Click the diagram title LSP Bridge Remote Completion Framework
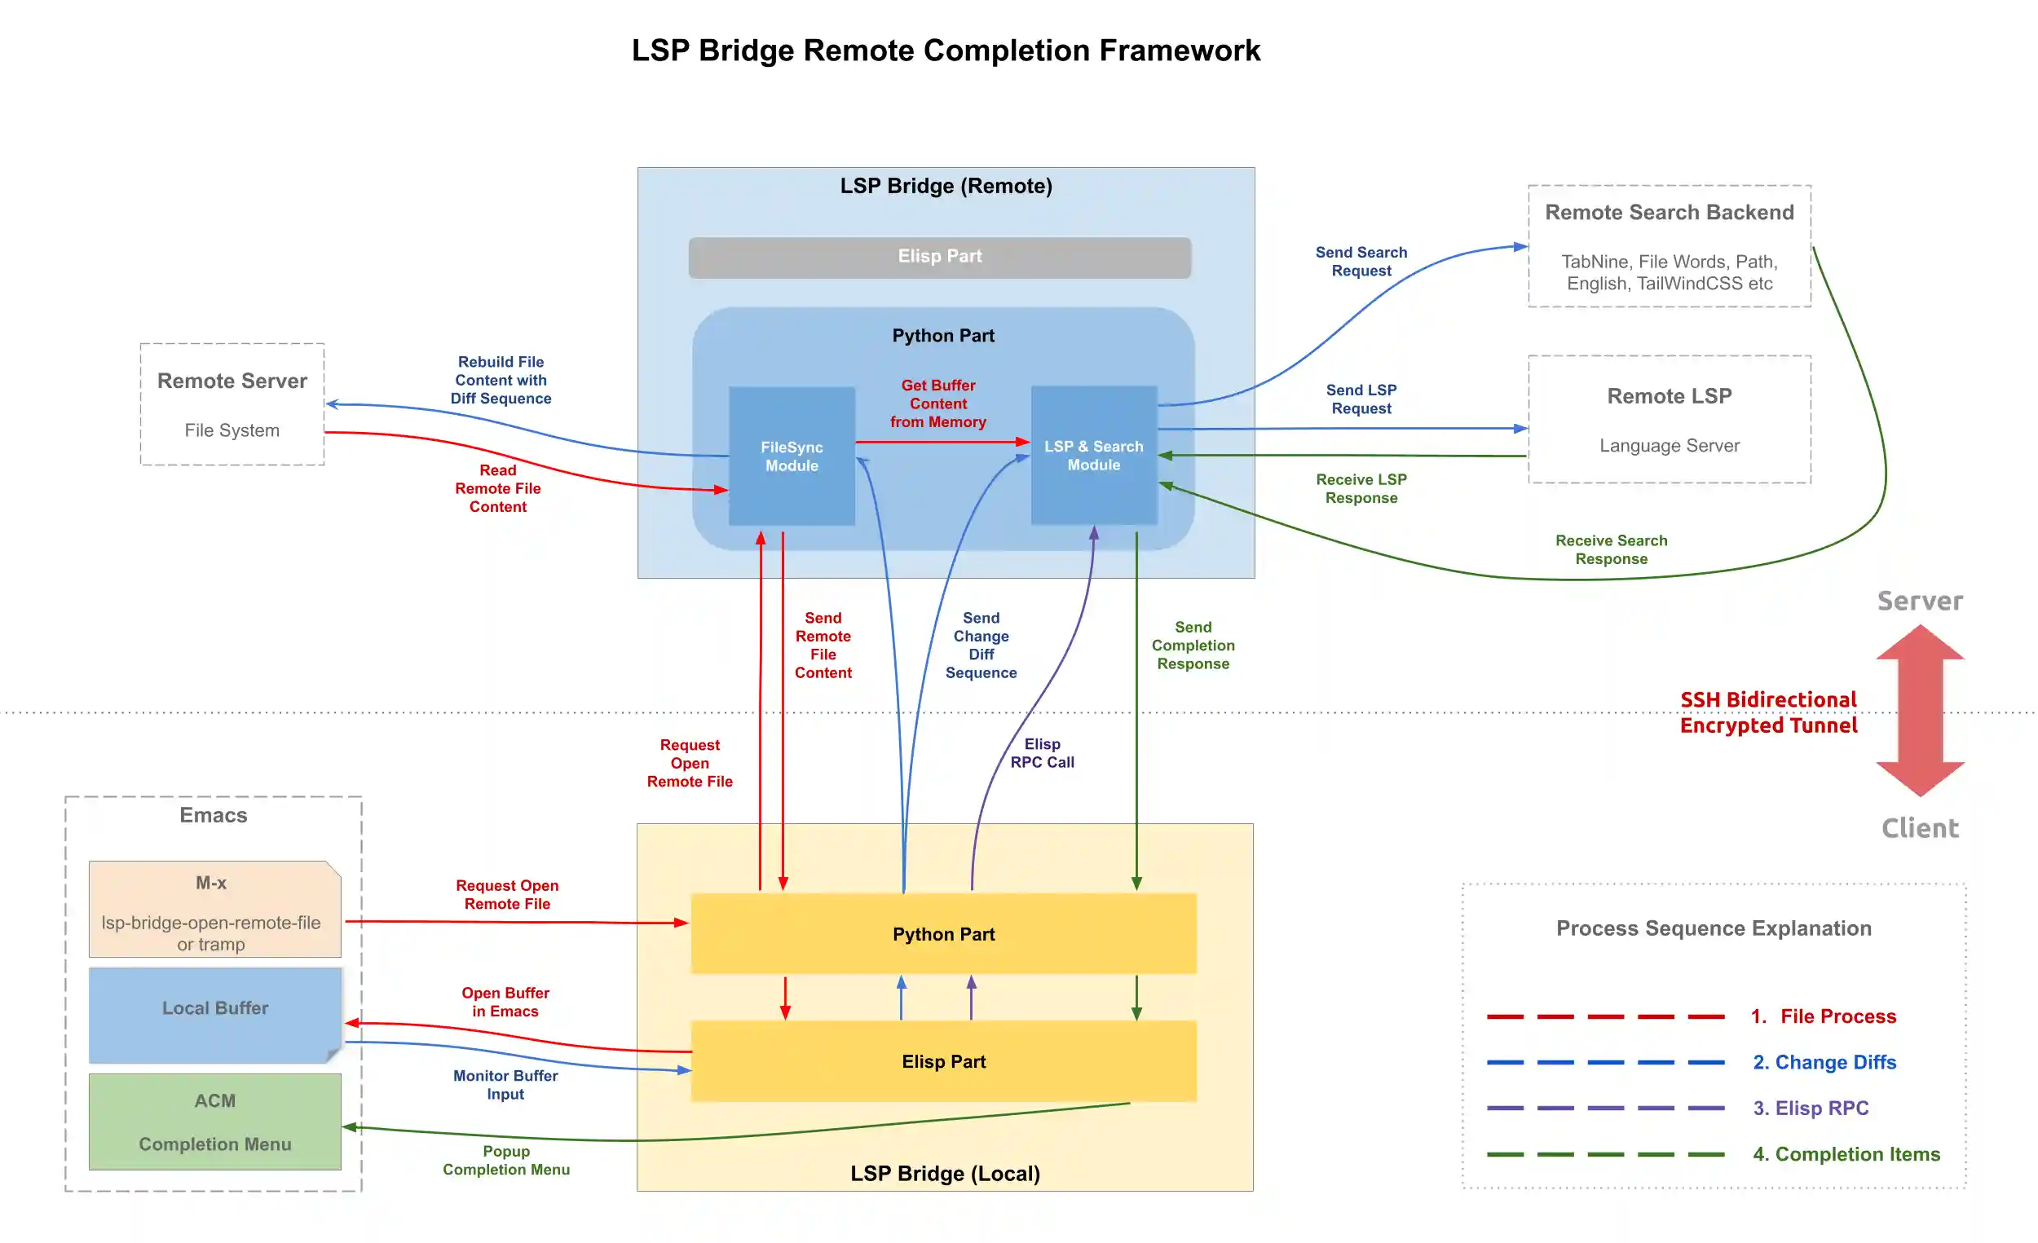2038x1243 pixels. point(946,51)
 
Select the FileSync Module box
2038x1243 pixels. point(792,456)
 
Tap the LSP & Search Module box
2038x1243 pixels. point(1093,456)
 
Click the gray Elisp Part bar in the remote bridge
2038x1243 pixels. point(940,257)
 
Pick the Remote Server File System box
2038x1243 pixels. point(232,404)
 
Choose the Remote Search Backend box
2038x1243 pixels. point(1669,246)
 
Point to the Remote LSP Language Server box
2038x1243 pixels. point(1669,419)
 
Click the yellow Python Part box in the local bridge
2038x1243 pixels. point(944,934)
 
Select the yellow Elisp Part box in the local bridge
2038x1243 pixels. point(944,1061)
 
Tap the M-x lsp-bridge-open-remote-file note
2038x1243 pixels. point(214,910)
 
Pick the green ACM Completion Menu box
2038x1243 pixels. point(214,1122)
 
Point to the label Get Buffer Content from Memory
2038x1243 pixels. point(938,403)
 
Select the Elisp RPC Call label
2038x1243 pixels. point(1042,753)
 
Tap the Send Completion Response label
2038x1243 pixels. point(1193,645)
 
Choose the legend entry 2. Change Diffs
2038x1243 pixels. point(1824,1062)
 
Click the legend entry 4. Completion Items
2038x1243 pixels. point(1846,1153)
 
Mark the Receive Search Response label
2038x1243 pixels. point(1611,550)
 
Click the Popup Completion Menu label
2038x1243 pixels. point(506,1161)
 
